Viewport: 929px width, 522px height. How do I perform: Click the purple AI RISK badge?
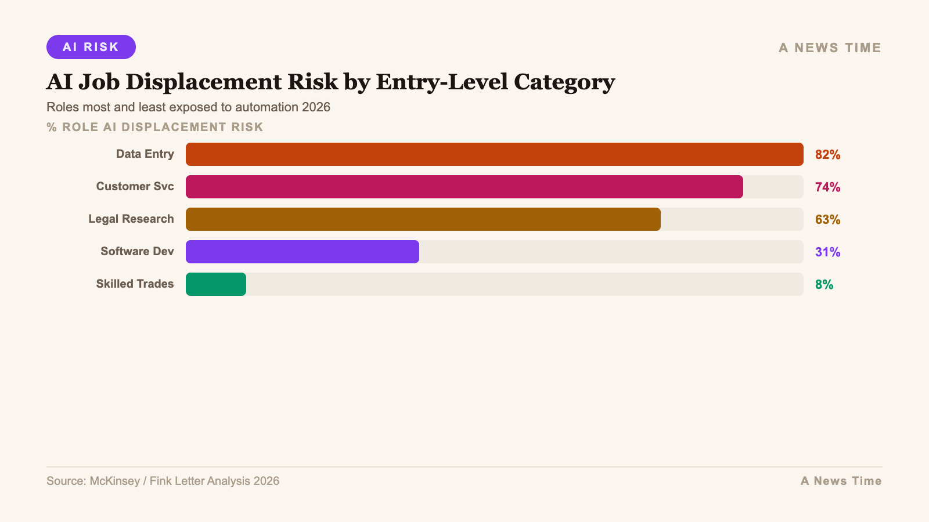(x=91, y=47)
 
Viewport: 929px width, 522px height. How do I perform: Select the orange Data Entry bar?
(x=494, y=154)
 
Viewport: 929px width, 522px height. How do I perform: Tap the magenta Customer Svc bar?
(x=464, y=187)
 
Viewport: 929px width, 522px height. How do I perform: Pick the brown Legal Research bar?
(x=423, y=219)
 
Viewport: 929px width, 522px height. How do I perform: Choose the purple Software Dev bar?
(x=302, y=252)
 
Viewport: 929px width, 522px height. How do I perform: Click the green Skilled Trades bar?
(x=216, y=284)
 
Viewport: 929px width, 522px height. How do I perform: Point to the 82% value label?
(x=827, y=155)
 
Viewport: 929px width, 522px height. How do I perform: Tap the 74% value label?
(x=827, y=187)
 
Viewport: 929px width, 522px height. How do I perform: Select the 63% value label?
(x=827, y=220)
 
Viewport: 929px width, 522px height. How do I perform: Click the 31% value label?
(x=827, y=252)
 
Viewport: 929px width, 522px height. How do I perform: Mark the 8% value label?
(x=824, y=285)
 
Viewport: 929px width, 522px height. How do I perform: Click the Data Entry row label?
(x=145, y=154)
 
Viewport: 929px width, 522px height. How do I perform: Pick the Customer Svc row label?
(x=135, y=187)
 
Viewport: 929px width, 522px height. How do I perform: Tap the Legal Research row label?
(x=131, y=219)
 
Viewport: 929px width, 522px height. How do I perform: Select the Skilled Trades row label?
(x=135, y=284)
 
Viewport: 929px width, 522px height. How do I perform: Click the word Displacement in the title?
(x=232, y=82)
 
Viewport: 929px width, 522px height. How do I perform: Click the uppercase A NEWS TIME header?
(x=830, y=48)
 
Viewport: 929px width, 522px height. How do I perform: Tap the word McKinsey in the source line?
(x=114, y=481)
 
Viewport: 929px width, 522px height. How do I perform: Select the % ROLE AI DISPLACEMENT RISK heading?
(x=155, y=127)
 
